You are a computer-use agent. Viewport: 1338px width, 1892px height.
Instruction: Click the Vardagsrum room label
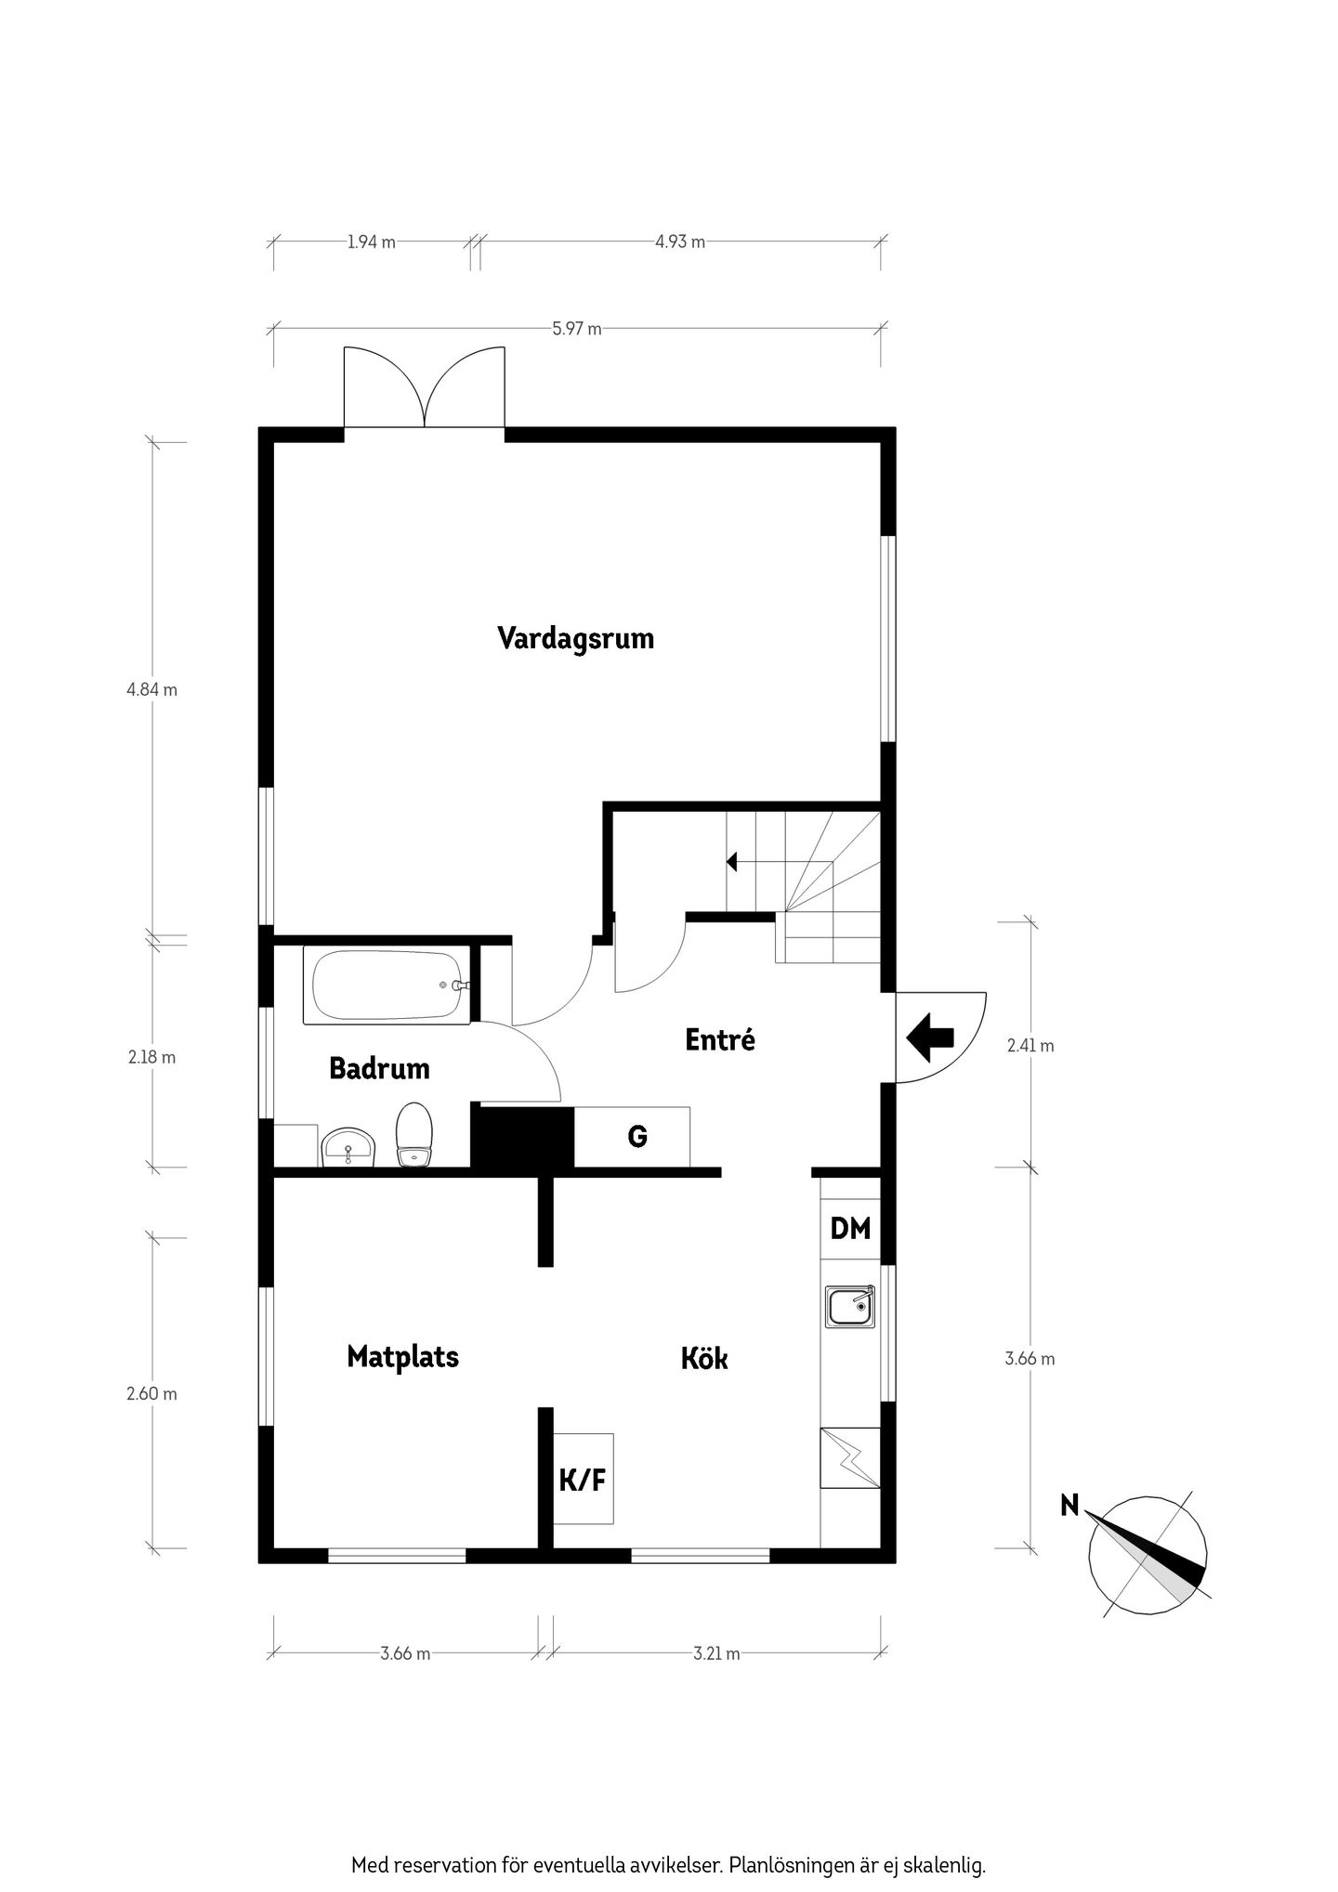[x=575, y=639]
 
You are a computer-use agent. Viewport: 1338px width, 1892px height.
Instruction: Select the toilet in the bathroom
[x=413, y=1133]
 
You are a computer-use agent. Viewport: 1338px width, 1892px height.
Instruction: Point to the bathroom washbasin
[x=348, y=1147]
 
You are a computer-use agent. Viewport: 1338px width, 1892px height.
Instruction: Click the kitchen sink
[x=850, y=1307]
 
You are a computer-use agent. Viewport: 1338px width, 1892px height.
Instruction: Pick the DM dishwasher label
[x=850, y=1228]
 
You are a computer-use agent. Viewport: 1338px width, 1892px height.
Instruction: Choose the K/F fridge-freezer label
[x=583, y=1480]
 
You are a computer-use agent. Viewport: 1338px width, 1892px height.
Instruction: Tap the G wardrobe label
[x=637, y=1136]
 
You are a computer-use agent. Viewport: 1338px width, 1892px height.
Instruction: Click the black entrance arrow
[x=930, y=1037]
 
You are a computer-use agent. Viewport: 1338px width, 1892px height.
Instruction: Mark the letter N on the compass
[x=1070, y=1506]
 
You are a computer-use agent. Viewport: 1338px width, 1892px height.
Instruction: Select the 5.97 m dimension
[x=577, y=328]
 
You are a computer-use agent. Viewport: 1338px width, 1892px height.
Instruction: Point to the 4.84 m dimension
[x=152, y=689]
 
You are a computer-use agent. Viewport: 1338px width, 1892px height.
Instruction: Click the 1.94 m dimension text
[x=371, y=241]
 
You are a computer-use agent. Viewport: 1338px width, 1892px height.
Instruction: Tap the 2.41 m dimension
[x=1030, y=1045]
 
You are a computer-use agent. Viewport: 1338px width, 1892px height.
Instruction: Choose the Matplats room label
[x=402, y=1357]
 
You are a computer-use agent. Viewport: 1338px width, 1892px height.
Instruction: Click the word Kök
[x=704, y=1359]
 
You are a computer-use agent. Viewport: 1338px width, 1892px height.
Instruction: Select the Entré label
[x=720, y=1039]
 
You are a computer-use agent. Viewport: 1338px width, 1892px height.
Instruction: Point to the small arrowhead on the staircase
[x=731, y=862]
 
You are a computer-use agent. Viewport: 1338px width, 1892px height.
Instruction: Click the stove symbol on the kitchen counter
[x=850, y=1458]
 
